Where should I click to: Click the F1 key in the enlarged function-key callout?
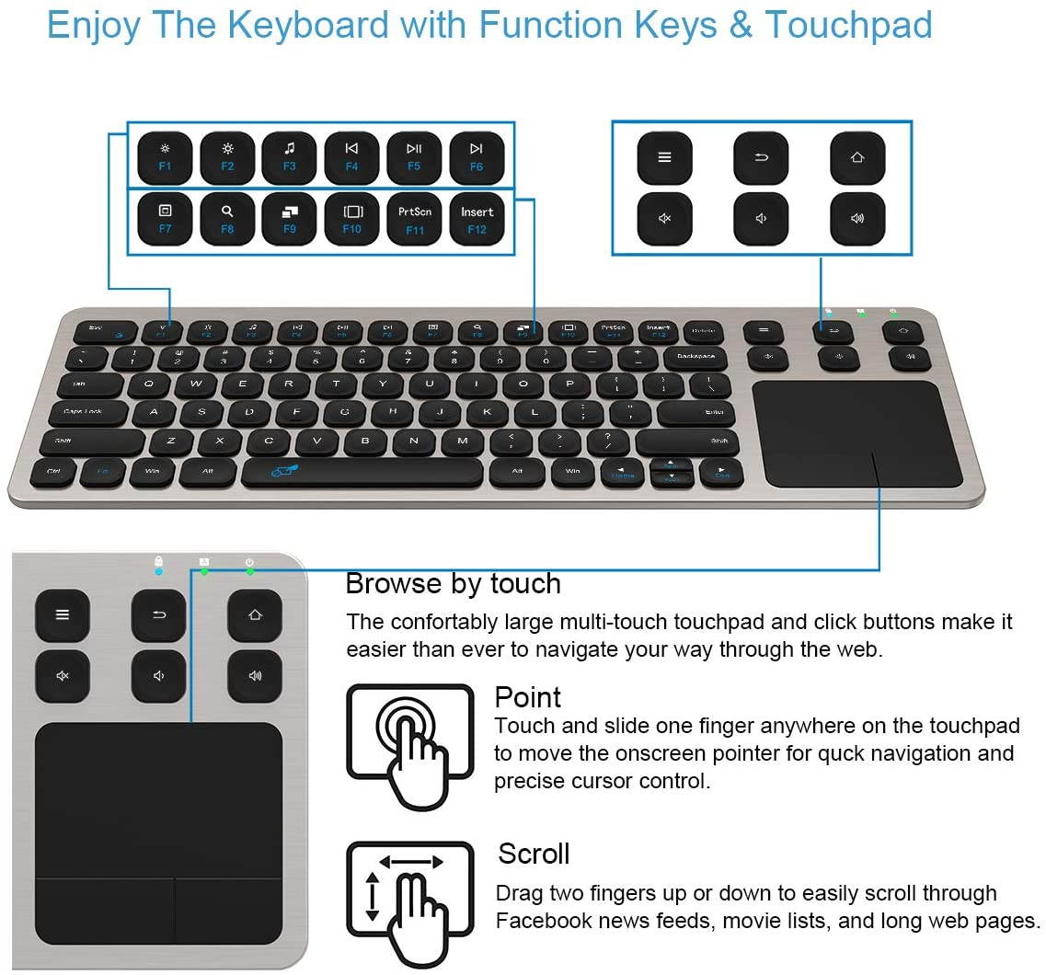coord(165,157)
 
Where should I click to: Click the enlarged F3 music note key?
coord(289,157)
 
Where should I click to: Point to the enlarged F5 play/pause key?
coord(414,157)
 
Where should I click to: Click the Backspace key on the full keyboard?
coord(694,355)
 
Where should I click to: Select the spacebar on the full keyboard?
coord(362,472)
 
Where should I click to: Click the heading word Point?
coord(527,696)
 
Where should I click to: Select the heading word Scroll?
coord(534,854)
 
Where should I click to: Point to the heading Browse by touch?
coord(453,583)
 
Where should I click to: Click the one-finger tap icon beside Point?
coord(409,744)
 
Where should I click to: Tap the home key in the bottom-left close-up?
coord(255,614)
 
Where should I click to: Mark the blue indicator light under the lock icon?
coord(159,571)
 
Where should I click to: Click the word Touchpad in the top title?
coord(848,25)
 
